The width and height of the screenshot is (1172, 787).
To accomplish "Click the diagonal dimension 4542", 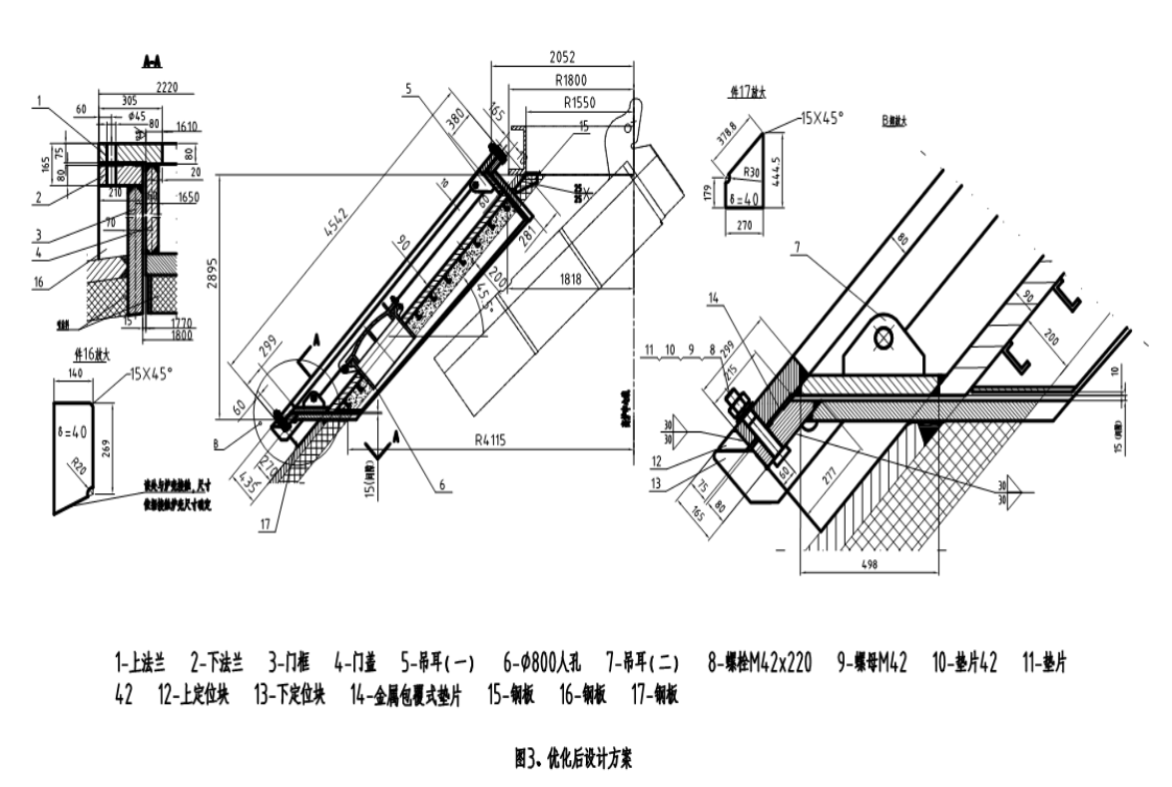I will tap(337, 240).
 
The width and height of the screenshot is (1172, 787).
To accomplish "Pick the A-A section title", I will tap(154, 63).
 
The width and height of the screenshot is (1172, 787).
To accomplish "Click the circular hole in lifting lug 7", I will tap(883, 339).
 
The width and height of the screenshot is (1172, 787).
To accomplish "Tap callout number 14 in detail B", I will tap(712, 298).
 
